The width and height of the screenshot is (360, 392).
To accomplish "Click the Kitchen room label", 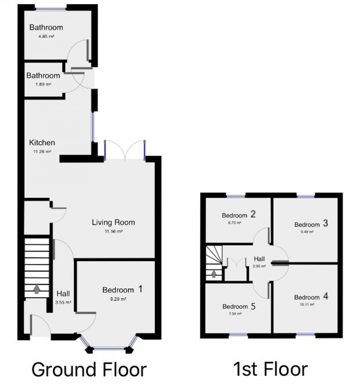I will click(42, 143).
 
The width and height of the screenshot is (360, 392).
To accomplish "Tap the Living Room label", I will click(113, 223).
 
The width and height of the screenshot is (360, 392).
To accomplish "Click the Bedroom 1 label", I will click(122, 290).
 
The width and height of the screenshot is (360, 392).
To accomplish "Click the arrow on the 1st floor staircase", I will click(214, 273).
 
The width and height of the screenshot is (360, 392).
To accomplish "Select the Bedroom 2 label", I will click(239, 215).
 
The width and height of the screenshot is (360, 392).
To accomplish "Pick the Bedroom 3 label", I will click(311, 224).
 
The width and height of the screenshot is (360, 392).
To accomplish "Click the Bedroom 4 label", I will click(311, 297).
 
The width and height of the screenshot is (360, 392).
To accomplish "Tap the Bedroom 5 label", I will click(239, 307).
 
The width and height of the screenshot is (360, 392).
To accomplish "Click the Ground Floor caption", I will click(89, 370).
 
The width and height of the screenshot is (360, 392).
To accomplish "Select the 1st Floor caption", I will click(270, 370).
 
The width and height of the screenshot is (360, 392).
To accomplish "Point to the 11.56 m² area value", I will click(113, 231).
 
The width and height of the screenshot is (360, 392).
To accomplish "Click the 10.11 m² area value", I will click(307, 305).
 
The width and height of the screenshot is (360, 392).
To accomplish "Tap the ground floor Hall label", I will click(63, 294).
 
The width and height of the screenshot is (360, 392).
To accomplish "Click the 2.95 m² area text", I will click(259, 266).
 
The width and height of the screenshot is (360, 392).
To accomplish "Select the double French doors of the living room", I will click(125, 150).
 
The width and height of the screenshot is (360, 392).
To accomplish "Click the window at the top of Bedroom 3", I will click(306, 196).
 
